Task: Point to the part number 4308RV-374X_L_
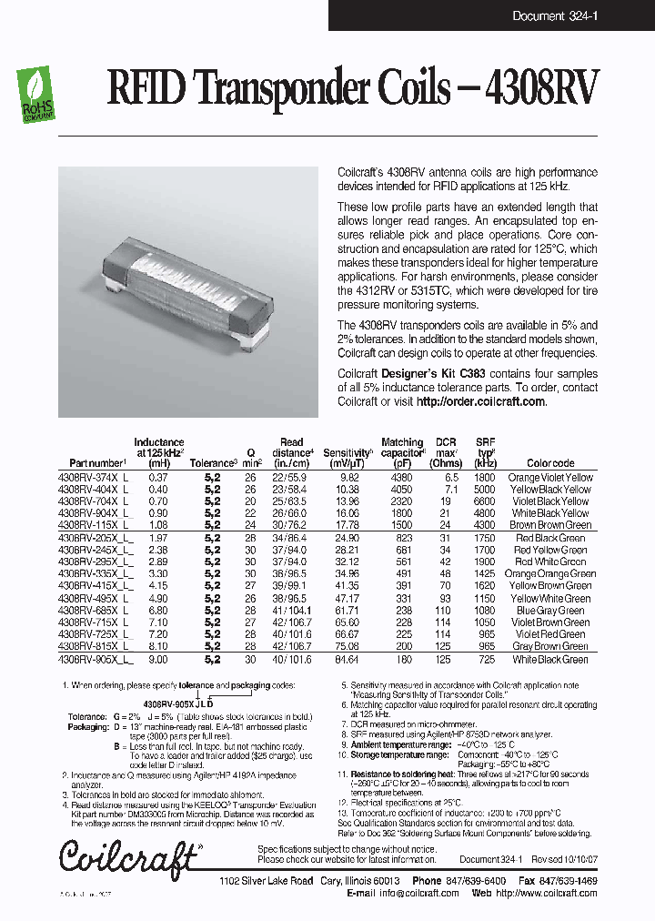pos(96,477)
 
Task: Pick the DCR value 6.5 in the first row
pos(446,477)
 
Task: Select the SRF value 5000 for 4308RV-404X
pos(484,489)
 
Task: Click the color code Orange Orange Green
pos(550,574)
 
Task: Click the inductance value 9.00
pos(158,659)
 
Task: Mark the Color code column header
pos(550,463)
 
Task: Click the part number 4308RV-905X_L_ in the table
pos(96,659)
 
